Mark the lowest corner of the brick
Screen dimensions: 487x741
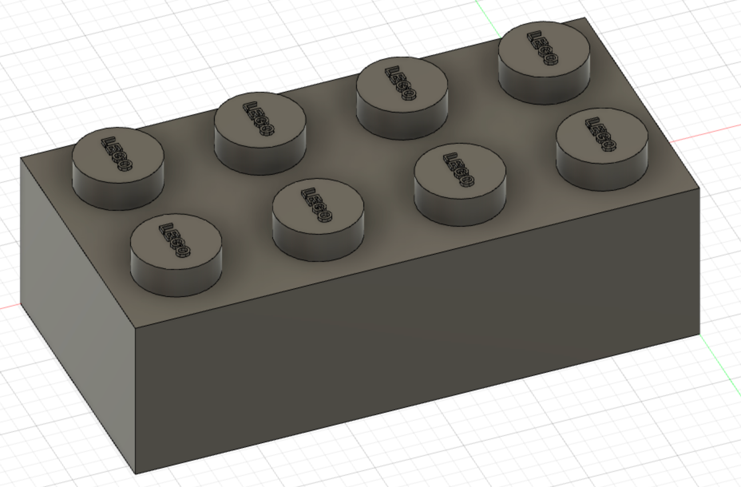tap(136, 474)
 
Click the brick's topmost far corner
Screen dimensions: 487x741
tap(584, 18)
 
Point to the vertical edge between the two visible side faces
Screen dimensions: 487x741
tap(136, 399)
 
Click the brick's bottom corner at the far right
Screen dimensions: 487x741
tap(699, 334)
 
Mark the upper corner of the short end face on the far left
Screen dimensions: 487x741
tap(21, 158)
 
